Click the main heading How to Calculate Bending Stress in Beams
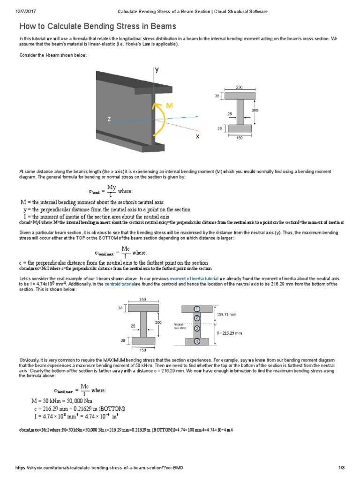click(97, 26)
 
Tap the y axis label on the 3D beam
click(157, 70)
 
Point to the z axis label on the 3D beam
click(109, 120)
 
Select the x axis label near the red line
click(197, 136)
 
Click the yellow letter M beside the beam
click(169, 106)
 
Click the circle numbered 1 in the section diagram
click(197, 309)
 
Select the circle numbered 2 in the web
click(197, 318)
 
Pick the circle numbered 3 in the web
click(197, 329)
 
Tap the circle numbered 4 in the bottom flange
click(197, 341)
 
